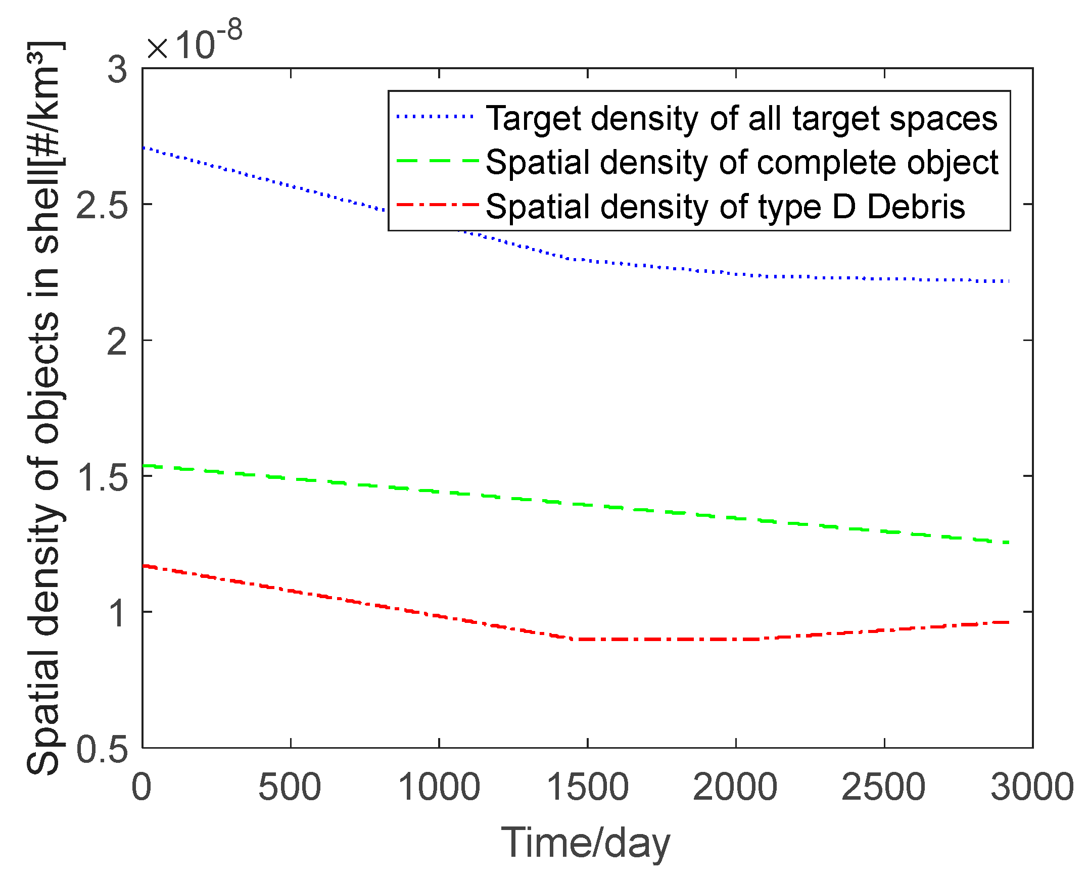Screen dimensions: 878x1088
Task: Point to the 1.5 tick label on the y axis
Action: tap(101, 477)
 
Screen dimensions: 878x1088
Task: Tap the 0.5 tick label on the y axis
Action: tap(101, 749)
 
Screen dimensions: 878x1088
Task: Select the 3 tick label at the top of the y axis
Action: tap(117, 70)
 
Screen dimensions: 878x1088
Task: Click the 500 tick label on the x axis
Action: tap(290, 787)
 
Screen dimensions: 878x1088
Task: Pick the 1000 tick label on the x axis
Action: tap(439, 787)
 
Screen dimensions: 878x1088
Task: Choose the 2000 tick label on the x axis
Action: tap(734, 787)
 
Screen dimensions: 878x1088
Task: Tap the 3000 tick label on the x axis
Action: tap(1032, 787)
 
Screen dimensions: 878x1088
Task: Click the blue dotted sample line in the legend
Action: tap(436, 117)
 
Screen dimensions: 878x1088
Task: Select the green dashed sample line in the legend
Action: tap(437, 161)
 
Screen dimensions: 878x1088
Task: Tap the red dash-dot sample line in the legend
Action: tap(437, 205)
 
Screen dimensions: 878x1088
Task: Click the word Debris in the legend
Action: tap(916, 207)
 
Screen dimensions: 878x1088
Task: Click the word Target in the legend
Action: tap(533, 119)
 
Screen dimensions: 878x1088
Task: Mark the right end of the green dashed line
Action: tap(1008, 543)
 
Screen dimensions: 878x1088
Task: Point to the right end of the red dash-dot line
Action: tap(1008, 622)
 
